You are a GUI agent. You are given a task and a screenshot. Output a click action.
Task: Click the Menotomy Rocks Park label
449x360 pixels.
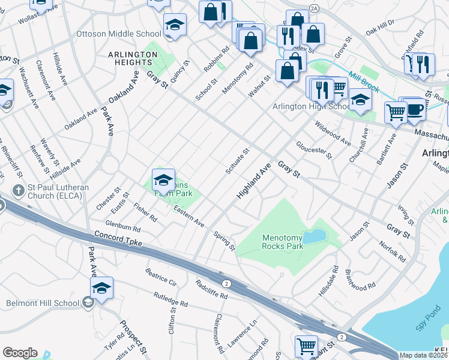click(283, 242)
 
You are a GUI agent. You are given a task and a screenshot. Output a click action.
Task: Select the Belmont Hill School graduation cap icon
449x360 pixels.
click(101, 289)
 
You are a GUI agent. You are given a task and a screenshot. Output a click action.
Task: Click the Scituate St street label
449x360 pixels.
click(237, 162)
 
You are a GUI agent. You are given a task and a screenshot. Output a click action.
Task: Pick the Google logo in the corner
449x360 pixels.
click(20, 353)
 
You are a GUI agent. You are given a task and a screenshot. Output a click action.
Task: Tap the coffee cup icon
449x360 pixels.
click(414, 110)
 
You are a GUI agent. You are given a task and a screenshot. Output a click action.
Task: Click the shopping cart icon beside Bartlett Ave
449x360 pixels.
click(396, 112)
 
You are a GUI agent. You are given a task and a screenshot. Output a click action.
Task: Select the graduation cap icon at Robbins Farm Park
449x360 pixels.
click(163, 180)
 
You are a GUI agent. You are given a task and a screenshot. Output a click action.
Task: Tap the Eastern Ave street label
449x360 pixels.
click(189, 216)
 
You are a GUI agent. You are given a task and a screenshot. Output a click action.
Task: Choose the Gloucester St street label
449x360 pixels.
click(313, 151)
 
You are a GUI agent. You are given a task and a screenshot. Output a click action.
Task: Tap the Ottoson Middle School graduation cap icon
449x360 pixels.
click(175, 25)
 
